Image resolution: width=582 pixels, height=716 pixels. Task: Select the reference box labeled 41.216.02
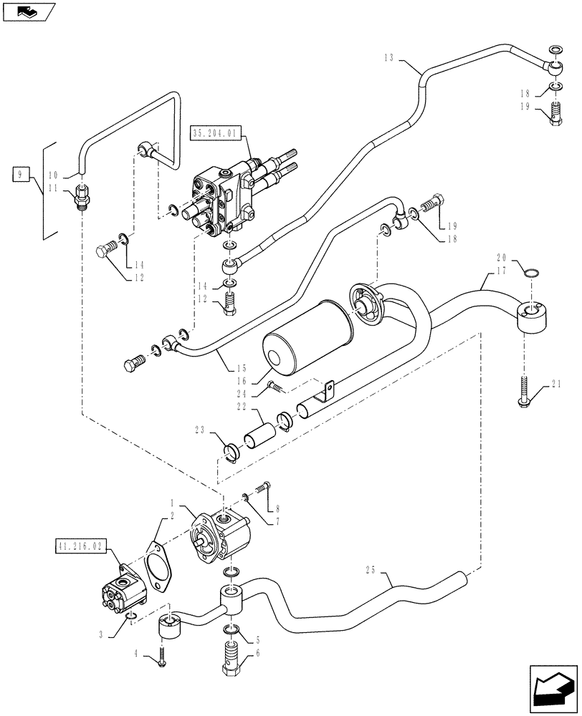click(x=80, y=546)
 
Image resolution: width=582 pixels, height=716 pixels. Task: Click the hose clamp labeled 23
click(x=232, y=453)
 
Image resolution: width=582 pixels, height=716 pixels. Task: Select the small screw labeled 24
click(x=276, y=387)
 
